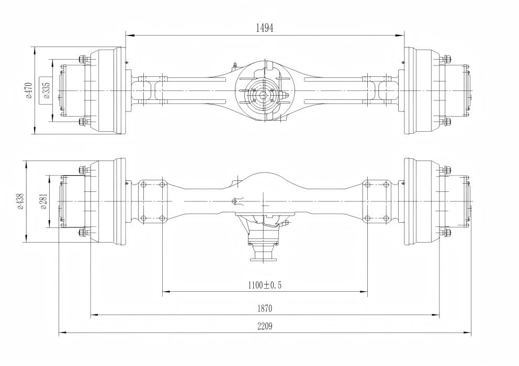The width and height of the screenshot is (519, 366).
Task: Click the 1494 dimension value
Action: [265, 28]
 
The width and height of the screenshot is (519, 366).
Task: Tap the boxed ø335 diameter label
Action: [47, 90]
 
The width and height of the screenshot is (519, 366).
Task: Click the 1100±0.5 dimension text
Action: [265, 284]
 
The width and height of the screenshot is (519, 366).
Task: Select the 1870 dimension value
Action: [265, 308]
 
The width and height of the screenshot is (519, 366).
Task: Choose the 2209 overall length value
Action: [265, 326]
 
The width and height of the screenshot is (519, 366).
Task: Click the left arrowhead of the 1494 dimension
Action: [130, 35]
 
